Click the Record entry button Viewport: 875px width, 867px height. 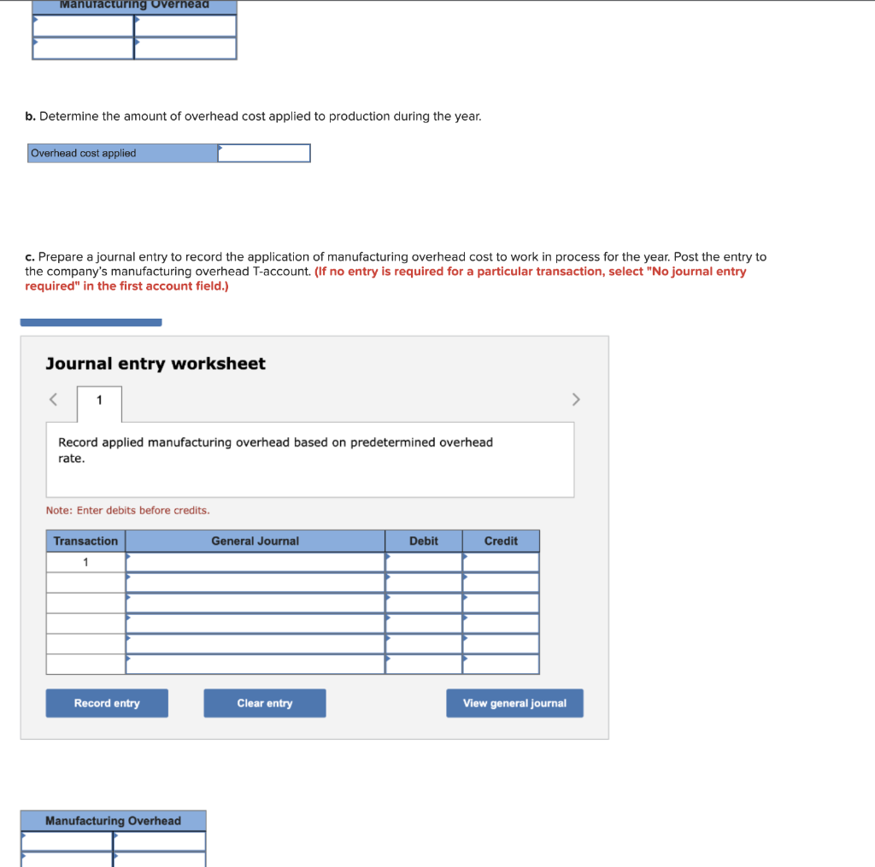(107, 703)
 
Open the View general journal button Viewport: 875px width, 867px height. (514, 703)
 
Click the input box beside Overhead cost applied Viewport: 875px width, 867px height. (264, 153)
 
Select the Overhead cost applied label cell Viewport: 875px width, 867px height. (122, 153)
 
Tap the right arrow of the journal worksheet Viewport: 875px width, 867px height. (575, 399)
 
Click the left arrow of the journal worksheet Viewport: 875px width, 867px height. (53, 399)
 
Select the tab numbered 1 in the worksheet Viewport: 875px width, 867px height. (99, 400)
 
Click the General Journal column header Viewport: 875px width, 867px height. (255, 541)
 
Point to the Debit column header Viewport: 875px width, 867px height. (423, 541)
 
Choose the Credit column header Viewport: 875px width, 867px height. (501, 541)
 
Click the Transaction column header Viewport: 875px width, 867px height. (85, 541)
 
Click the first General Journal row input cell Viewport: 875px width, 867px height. (255, 562)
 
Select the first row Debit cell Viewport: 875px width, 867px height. (423, 562)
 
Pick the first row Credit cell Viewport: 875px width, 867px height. (501, 562)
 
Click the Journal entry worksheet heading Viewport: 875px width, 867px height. (156, 364)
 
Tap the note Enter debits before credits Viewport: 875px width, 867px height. (127, 510)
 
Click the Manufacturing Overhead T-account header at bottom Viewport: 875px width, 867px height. (113, 821)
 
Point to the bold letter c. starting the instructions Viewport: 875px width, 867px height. (30, 256)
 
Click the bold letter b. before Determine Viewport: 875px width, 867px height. (31, 115)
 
